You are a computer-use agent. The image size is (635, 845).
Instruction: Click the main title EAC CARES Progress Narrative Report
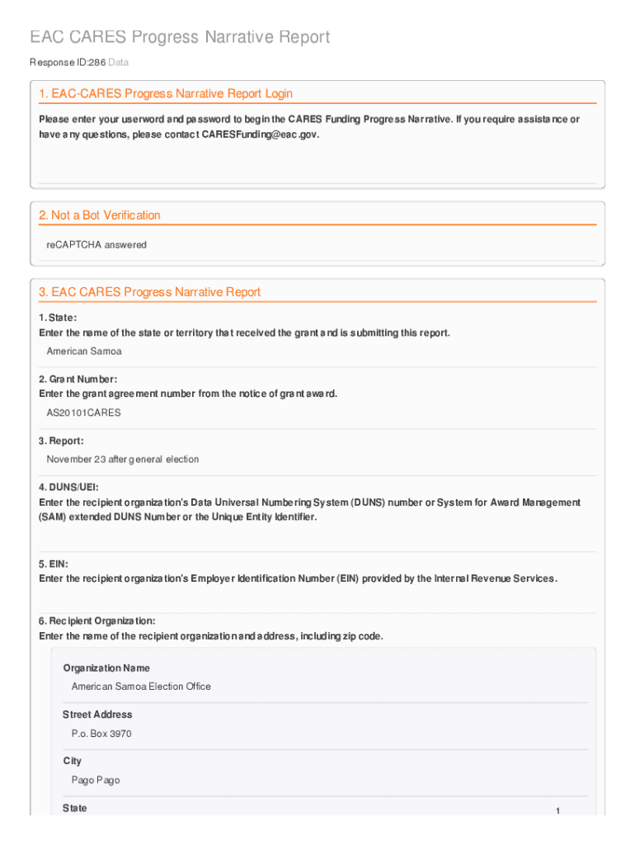pos(180,37)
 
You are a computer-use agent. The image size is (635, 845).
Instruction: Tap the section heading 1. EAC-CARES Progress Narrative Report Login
pos(166,94)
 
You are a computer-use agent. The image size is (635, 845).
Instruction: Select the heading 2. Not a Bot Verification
pos(100,215)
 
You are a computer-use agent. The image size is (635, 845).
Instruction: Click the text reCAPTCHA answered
pos(96,245)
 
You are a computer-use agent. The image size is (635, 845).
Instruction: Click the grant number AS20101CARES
pos(83,413)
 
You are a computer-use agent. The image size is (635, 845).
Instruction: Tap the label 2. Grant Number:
pos(73,379)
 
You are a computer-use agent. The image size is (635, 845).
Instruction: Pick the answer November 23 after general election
pos(123,459)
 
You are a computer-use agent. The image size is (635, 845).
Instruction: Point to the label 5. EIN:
pos(54,564)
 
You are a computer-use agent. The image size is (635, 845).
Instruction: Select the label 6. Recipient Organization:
pos(97,621)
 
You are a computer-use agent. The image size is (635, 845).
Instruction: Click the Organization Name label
pos(106,668)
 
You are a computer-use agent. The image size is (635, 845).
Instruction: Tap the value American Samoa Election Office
pos(141,687)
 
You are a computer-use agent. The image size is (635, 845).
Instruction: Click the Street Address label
pos(97,715)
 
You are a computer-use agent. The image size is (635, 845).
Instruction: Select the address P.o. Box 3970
pos(101,734)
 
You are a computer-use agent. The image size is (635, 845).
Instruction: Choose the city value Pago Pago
pos(96,780)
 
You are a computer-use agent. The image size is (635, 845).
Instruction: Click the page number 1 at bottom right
pos(557,812)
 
